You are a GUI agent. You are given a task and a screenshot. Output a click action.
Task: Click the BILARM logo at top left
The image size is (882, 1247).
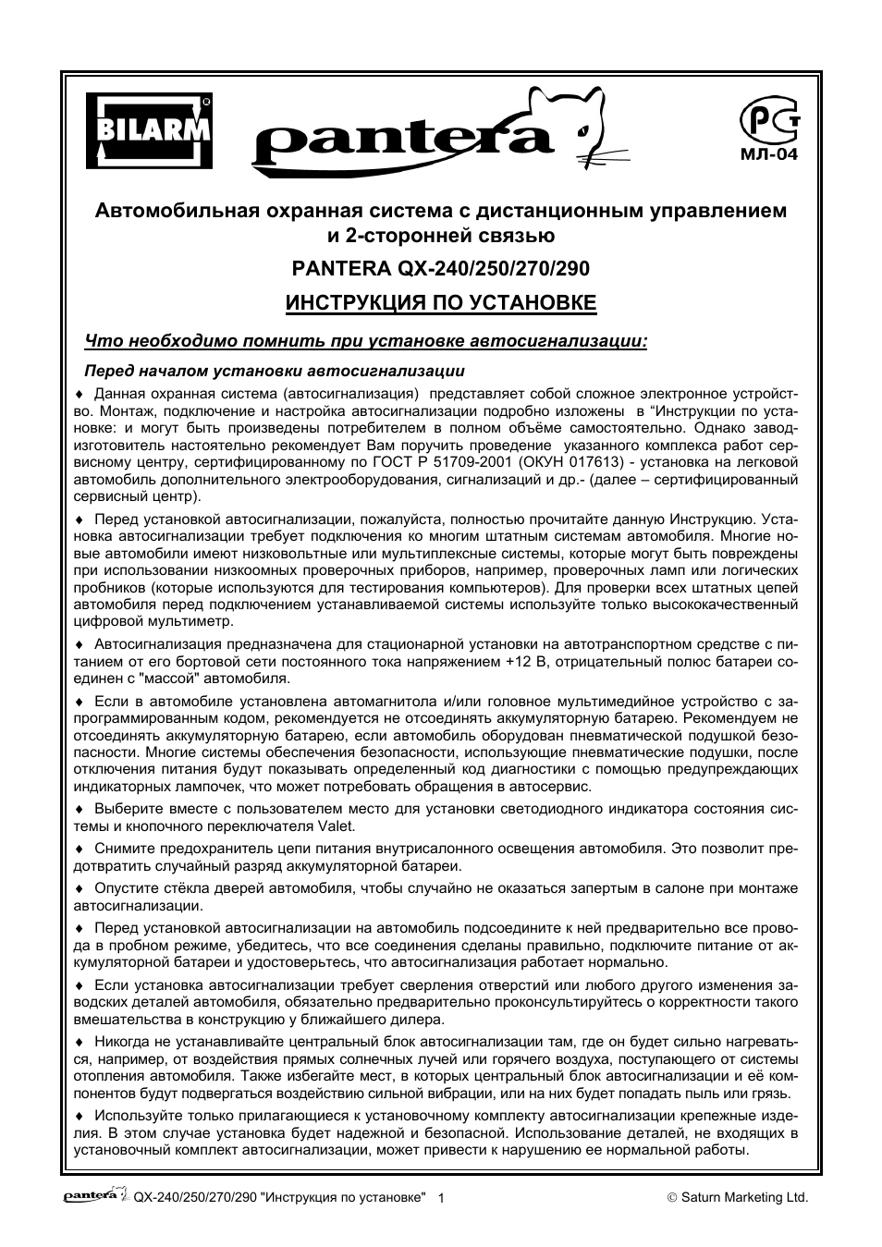click(149, 131)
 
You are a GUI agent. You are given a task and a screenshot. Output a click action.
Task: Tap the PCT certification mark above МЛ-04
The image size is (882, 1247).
click(766, 122)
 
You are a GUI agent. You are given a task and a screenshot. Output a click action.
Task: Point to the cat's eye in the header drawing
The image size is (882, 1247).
click(582, 132)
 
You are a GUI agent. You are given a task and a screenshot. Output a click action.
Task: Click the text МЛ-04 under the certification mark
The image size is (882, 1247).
click(767, 154)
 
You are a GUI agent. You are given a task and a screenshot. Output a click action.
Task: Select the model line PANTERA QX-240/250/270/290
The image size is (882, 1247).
click(440, 268)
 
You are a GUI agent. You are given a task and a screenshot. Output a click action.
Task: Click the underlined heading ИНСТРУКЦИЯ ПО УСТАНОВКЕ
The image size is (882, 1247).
click(440, 303)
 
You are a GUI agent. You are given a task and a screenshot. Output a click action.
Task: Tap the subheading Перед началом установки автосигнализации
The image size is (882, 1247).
click(275, 372)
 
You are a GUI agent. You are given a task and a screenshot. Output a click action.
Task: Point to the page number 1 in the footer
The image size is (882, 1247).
click(441, 1198)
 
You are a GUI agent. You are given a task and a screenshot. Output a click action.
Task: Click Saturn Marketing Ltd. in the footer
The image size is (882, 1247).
click(744, 1197)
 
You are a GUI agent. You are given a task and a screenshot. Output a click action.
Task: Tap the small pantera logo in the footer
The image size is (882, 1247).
click(95, 1195)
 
